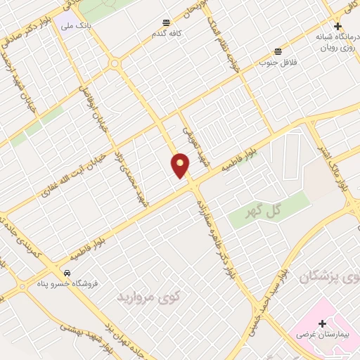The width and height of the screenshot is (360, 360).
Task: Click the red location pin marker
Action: coord(181,165)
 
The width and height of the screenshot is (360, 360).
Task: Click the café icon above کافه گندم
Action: coord(166,22)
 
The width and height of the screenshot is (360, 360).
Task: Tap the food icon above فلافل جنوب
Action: coord(278,51)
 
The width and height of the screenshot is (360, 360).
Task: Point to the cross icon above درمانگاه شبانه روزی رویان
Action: coord(337,26)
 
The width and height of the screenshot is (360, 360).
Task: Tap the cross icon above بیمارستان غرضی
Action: coord(322,323)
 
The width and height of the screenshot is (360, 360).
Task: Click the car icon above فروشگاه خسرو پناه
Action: coord(66,273)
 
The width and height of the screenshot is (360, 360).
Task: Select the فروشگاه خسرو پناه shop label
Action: coord(60,284)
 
